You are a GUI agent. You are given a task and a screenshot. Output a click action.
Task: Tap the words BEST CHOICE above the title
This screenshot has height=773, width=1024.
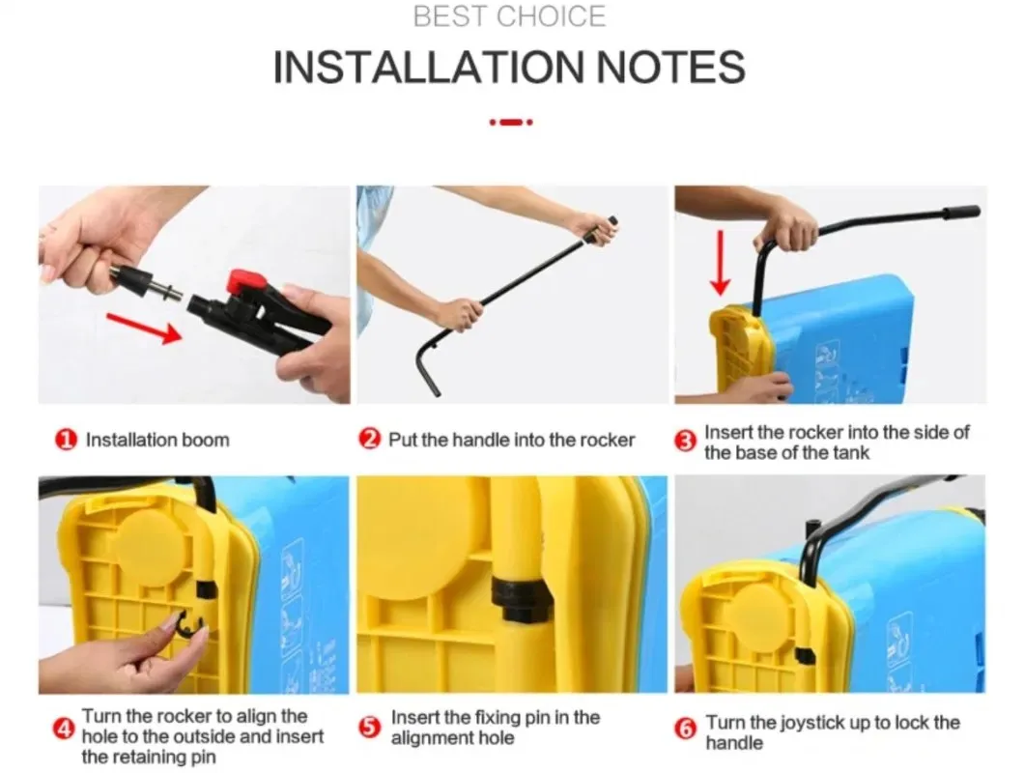(509, 16)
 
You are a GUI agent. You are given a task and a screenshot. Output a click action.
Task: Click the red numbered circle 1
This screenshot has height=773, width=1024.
(66, 440)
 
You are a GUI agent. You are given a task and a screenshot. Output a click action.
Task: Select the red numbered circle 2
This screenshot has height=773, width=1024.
(370, 439)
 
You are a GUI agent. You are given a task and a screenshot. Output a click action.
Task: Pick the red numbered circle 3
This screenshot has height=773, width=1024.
(685, 443)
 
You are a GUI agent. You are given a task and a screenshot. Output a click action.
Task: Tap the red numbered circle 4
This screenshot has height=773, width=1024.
(64, 728)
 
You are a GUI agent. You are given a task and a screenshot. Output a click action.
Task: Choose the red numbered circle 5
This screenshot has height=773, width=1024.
(370, 727)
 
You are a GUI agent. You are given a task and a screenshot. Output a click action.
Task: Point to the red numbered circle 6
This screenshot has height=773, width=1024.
(685, 728)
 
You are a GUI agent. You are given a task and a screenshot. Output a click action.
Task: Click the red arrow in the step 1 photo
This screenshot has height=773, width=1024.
(144, 328)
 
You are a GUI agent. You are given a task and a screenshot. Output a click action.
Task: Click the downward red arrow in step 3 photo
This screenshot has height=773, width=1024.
(721, 263)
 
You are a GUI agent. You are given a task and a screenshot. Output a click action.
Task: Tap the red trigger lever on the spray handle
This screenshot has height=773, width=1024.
(246, 283)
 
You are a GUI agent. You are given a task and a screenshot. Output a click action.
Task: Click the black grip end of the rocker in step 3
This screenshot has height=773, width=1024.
(960, 213)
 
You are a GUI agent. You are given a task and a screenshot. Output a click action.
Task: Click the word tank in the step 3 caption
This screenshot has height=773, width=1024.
(850, 453)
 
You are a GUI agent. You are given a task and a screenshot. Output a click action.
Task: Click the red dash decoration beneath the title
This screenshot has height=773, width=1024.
(511, 122)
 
